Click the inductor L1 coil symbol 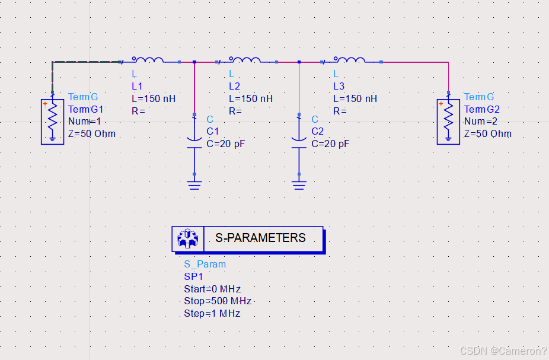point(148,59)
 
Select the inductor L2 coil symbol point(245,59)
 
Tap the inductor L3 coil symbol point(349,59)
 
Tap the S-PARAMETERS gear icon point(188,238)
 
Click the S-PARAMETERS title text point(260,238)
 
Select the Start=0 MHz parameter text point(212,289)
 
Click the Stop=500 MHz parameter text point(218,301)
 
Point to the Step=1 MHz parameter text point(212,314)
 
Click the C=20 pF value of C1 point(225,144)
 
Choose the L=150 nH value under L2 point(251,98)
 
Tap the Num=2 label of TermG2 point(481,122)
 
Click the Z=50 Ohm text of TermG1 point(92,134)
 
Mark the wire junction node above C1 point(194,61)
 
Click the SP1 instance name point(193,276)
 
